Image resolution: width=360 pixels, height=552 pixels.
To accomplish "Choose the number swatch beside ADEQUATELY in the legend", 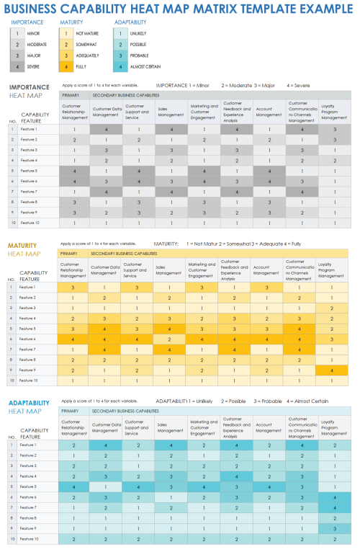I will point(66,56).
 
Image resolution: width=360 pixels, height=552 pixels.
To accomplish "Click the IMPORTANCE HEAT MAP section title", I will point(28,91).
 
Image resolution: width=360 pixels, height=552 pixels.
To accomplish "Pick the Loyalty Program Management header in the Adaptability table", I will point(332,429).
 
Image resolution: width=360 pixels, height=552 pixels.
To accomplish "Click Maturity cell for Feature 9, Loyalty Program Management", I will point(332,370).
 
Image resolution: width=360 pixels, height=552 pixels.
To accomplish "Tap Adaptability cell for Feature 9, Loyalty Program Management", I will point(332,528).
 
